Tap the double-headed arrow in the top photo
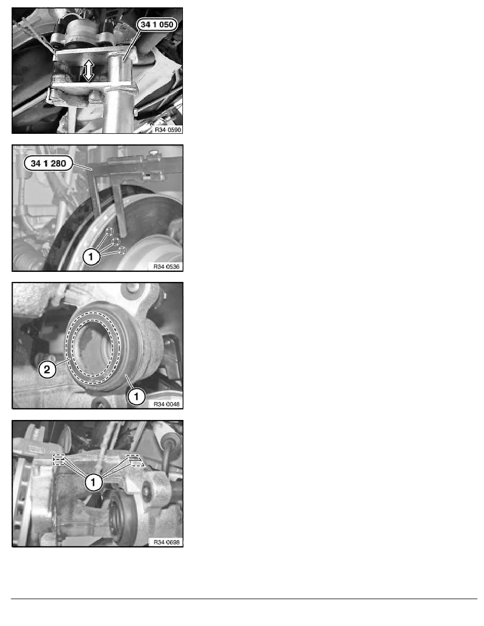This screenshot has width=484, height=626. point(88,70)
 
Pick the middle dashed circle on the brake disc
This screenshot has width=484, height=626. point(117,241)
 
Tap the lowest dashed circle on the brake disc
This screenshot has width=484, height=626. point(122,250)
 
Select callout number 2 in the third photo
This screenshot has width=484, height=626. point(47,370)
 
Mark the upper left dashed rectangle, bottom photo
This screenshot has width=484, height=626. point(59,457)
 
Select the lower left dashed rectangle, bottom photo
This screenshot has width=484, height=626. point(59,463)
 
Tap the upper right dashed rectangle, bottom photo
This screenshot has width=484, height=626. point(134,457)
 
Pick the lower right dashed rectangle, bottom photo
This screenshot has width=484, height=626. point(136,464)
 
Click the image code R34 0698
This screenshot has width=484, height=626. point(167,541)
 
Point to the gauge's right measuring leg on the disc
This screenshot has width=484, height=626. point(121,211)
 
